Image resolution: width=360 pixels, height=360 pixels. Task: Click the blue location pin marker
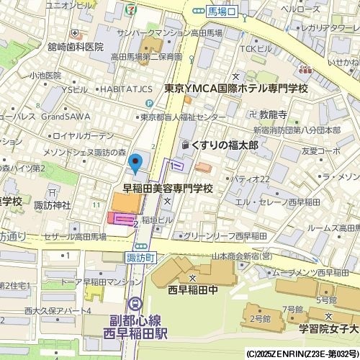pos(135,163)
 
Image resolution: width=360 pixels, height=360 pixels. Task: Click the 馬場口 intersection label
pos(222,11)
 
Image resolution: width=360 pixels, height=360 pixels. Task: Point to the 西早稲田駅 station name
pos(135,334)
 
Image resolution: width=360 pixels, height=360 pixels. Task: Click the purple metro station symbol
pos(135,305)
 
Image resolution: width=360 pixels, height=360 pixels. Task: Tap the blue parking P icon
pos(149,104)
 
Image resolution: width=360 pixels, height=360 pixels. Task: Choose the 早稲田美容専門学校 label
pos(168,189)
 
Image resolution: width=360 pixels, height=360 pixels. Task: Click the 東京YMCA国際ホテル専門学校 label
pos(235,89)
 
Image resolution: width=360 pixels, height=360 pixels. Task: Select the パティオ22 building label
pos(252,179)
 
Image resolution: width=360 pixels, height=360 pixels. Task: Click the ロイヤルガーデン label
pos(83,135)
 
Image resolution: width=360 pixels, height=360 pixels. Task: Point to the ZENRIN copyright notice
pos(302,354)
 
